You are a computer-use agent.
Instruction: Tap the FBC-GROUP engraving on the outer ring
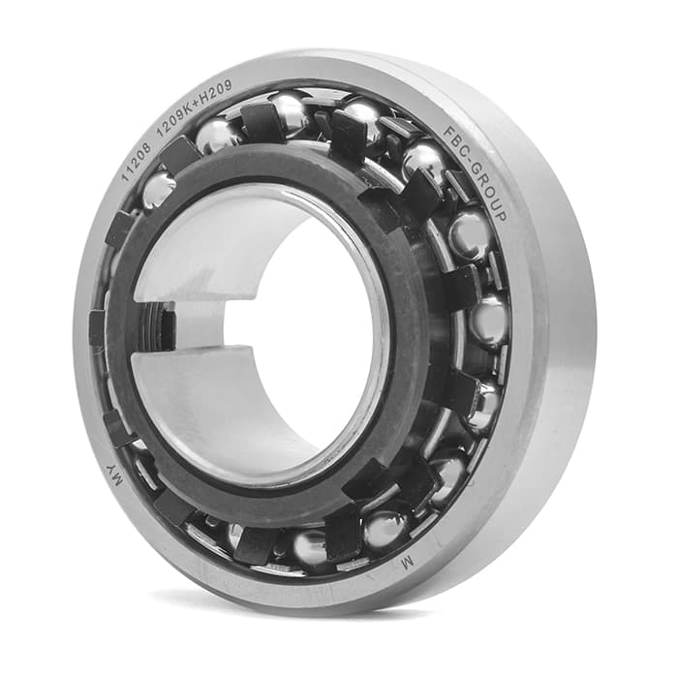coord(475,173)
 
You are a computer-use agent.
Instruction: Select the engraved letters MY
coord(115,477)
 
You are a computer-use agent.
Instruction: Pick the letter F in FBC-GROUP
coord(447,132)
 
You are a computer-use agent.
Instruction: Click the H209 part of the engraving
coord(217,92)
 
